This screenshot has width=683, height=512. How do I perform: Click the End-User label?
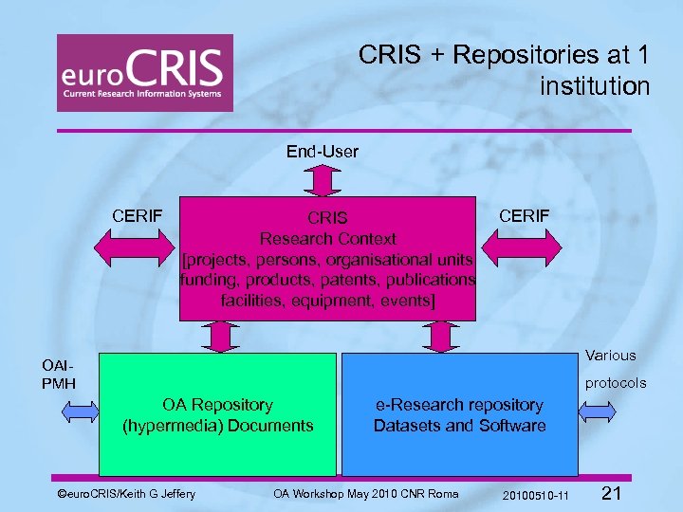pyautogui.click(x=323, y=151)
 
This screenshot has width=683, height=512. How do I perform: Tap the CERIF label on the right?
pyautogui.click(x=525, y=216)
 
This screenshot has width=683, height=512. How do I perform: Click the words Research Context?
pyautogui.click(x=327, y=238)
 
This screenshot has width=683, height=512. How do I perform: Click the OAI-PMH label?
pyautogui.click(x=56, y=374)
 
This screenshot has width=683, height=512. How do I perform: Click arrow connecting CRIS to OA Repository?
pyautogui.click(x=222, y=337)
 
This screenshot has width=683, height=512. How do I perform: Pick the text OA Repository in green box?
pyautogui.click(x=217, y=405)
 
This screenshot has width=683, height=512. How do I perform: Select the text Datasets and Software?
pyautogui.click(x=459, y=426)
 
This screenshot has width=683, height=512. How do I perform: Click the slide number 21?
pyautogui.click(x=612, y=493)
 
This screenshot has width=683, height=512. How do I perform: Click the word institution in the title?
pyautogui.click(x=595, y=86)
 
